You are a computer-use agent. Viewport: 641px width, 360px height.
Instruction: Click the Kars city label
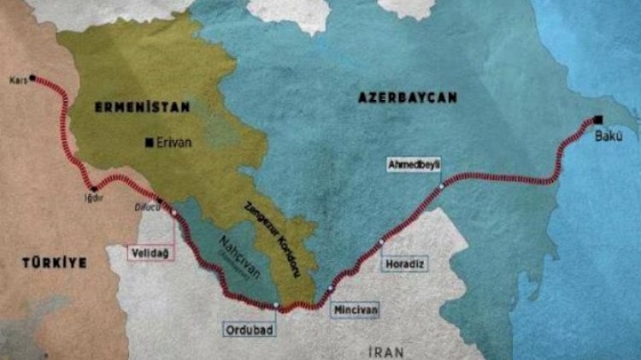click(18, 79)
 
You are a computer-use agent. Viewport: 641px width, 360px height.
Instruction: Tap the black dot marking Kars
click(32, 78)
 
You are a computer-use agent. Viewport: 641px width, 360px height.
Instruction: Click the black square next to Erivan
click(150, 142)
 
